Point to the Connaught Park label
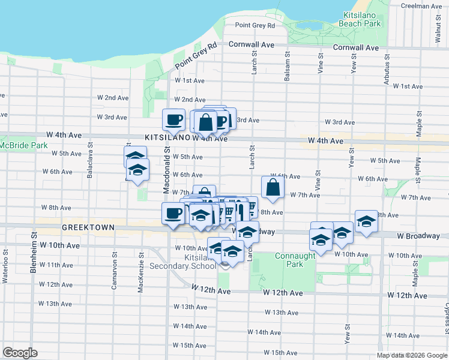pyautogui.click(x=295, y=260)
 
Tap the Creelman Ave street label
pyautogui.click(x=421, y=6)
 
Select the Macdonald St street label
pyautogui.click(x=166, y=171)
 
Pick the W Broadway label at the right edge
pyautogui.click(x=418, y=236)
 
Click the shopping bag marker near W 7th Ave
pyautogui.click(x=273, y=187)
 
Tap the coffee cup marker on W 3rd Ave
pyautogui.click(x=174, y=119)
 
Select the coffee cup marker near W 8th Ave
pyautogui.click(x=173, y=214)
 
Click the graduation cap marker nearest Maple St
pyautogui.click(x=366, y=221)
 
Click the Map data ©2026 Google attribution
pyautogui.click(x=412, y=355)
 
